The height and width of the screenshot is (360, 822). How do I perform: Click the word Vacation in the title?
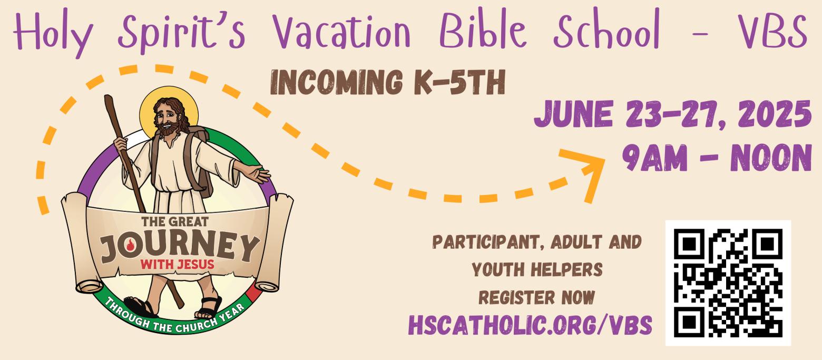(x=341, y=31)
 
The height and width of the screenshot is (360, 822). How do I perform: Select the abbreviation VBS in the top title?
(x=773, y=31)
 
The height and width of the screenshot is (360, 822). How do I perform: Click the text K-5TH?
(x=460, y=82)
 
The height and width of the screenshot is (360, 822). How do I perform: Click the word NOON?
(x=771, y=158)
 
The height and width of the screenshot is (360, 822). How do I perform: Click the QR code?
(x=728, y=283)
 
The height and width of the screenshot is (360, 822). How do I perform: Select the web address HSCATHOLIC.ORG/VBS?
(x=530, y=325)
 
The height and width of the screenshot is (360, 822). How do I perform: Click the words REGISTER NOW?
(x=536, y=298)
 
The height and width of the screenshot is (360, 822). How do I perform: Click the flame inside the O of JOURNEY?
(x=130, y=244)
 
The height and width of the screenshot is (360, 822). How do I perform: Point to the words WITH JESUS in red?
(x=177, y=264)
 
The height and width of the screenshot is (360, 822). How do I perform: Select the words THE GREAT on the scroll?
(x=175, y=222)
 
